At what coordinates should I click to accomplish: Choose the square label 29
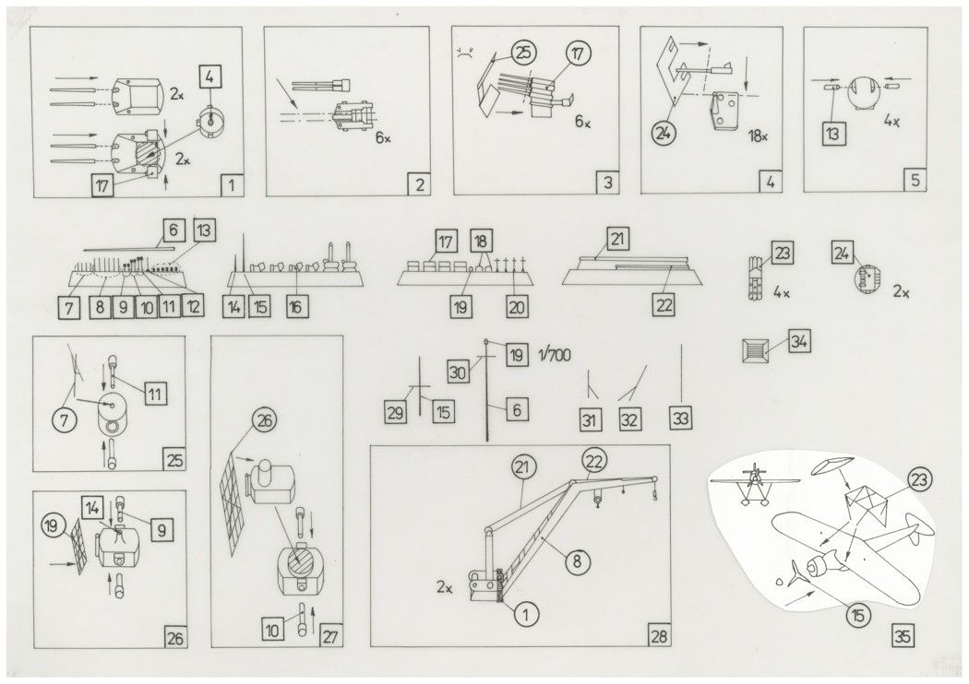(x=396, y=413)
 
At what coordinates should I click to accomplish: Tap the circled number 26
(x=263, y=424)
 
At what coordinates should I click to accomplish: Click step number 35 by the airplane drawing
(x=905, y=635)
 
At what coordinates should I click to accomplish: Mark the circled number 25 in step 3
(x=523, y=53)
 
